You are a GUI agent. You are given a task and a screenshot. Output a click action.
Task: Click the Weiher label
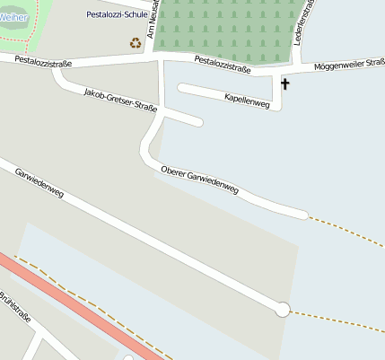13,17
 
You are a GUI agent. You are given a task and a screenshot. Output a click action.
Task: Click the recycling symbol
136,42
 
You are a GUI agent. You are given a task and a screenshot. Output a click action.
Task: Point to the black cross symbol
286,84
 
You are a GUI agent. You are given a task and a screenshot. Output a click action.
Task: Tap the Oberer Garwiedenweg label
199,180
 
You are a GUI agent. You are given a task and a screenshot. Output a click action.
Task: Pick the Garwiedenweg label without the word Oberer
39,181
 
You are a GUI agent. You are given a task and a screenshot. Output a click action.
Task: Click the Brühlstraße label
14,306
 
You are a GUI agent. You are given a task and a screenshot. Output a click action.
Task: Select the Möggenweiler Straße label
349,65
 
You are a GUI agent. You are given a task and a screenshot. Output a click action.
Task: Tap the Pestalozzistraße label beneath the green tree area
222,63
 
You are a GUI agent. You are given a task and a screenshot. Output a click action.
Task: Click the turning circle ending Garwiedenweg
283,309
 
